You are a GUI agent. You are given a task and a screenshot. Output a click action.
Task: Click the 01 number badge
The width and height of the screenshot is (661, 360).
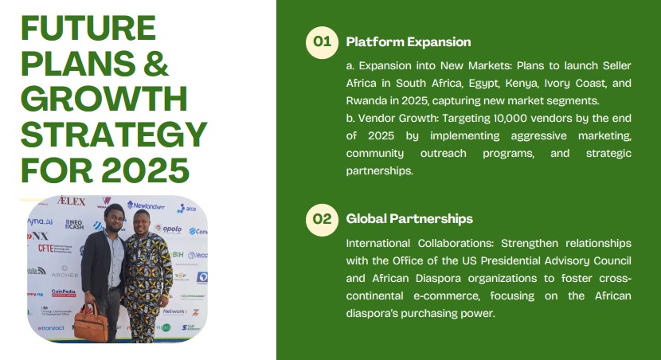click(x=322, y=42)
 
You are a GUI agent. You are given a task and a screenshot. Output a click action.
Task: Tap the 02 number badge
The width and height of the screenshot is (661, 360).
click(x=322, y=220)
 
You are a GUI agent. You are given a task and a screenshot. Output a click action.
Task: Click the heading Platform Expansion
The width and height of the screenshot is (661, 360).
click(x=409, y=41)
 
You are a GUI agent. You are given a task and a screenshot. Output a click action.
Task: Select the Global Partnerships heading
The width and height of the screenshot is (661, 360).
click(x=409, y=219)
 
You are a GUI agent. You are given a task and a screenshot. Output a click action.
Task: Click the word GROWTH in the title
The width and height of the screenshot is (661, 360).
click(x=104, y=99)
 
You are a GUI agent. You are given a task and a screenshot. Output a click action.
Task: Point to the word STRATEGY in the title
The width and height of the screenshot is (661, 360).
click(x=114, y=135)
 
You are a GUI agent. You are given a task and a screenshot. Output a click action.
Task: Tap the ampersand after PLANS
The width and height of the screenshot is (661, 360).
click(x=156, y=63)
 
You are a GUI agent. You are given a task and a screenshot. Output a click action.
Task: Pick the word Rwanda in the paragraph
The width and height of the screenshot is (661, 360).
click(x=362, y=100)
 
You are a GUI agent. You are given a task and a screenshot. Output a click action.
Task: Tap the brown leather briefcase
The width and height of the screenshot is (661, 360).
click(x=91, y=323)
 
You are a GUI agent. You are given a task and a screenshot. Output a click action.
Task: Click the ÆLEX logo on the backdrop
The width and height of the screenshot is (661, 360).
click(x=71, y=201)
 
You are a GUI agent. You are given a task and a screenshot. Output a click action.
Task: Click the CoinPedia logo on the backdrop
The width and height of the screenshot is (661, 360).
click(x=64, y=292)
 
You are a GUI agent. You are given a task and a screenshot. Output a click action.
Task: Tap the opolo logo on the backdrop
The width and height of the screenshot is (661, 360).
click(x=169, y=229)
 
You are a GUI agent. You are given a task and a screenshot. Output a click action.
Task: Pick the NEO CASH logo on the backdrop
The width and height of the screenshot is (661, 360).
click(x=74, y=225)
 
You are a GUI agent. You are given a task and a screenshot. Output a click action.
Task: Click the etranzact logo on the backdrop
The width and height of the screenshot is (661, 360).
click(x=51, y=328)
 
